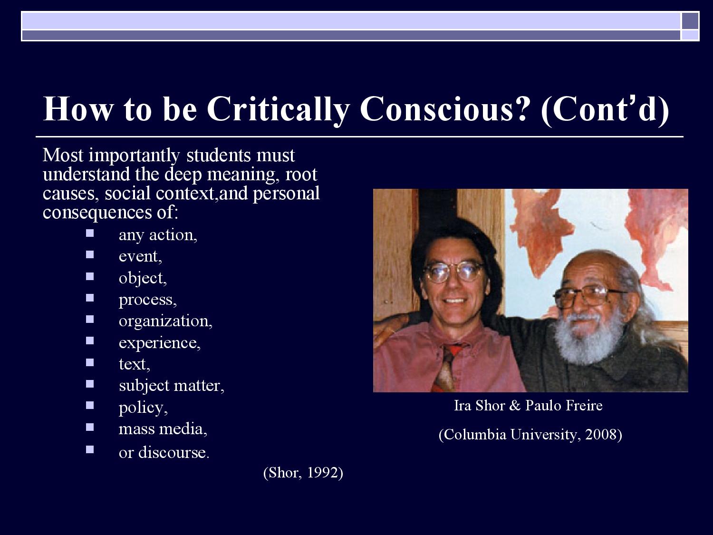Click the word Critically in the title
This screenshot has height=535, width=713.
[x=279, y=110]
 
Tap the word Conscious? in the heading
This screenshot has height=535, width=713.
[x=445, y=109]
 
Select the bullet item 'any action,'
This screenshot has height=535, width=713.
[x=158, y=235]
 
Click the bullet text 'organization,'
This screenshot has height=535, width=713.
[x=165, y=321]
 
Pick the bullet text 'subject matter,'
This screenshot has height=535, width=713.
[x=172, y=386]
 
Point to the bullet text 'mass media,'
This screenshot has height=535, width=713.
[x=163, y=429]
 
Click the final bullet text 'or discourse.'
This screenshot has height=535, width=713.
[x=164, y=452]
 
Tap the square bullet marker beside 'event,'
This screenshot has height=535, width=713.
[x=90, y=254]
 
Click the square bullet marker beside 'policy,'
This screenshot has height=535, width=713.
[x=90, y=405]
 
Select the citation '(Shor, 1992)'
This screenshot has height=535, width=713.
[x=303, y=473]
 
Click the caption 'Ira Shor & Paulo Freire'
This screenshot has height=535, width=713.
[x=528, y=405]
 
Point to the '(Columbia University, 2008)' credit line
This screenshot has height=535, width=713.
[x=530, y=435]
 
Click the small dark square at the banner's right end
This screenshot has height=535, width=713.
[x=690, y=21]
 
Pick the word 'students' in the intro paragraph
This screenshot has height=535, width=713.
[x=218, y=156]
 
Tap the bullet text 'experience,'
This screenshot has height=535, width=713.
[x=160, y=343]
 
